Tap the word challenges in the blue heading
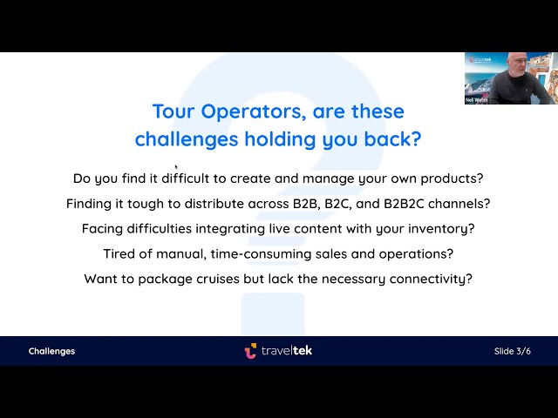178,139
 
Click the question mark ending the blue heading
417,138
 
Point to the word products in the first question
452,179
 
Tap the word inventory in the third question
441,229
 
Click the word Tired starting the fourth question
120,254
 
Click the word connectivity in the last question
431,280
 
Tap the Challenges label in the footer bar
51,351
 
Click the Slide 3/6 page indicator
512,351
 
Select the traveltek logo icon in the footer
250,350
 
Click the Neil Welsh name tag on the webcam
476,100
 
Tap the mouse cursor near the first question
176,167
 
